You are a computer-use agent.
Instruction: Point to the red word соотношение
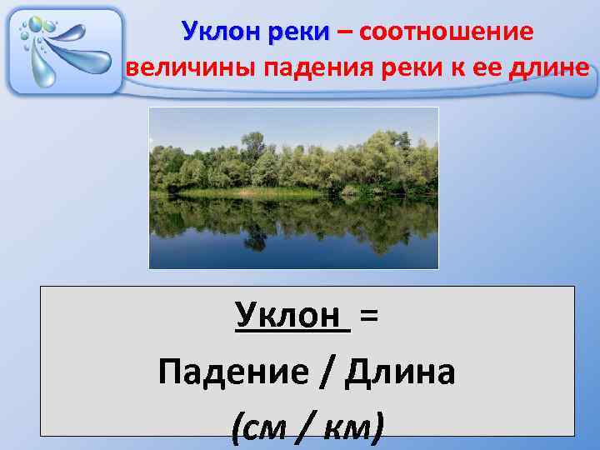[x=447, y=32]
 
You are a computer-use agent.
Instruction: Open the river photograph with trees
[x=293, y=187]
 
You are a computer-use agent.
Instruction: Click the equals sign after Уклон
[x=369, y=316]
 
